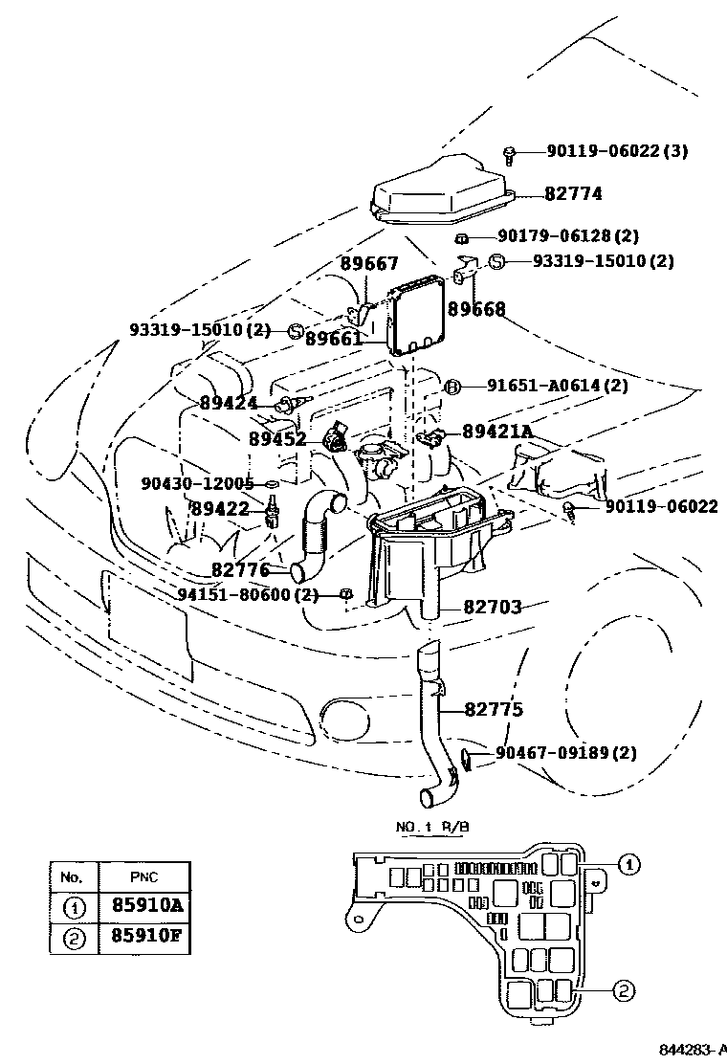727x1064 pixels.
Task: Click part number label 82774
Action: click(x=573, y=193)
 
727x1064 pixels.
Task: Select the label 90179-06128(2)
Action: click(x=567, y=236)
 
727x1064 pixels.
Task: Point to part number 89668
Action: click(x=476, y=309)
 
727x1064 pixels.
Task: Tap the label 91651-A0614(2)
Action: click(x=557, y=386)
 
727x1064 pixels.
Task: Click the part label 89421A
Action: click(x=496, y=432)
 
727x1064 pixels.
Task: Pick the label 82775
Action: click(x=494, y=710)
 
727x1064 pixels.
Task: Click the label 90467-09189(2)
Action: click(x=566, y=753)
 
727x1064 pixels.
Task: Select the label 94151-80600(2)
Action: click(x=248, y=594)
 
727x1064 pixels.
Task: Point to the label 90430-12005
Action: click(x=197, y=484)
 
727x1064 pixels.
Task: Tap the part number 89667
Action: click(x=369, y=265)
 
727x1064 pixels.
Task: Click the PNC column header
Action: click(x=143, y=876)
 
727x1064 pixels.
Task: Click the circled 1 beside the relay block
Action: click(x=628, y=866)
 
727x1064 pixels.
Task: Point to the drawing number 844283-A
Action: click(x=690, y=1052)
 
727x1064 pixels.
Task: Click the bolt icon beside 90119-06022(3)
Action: click(x=510, y=153)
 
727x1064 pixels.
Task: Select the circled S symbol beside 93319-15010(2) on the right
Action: click(x=496, y=261)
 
